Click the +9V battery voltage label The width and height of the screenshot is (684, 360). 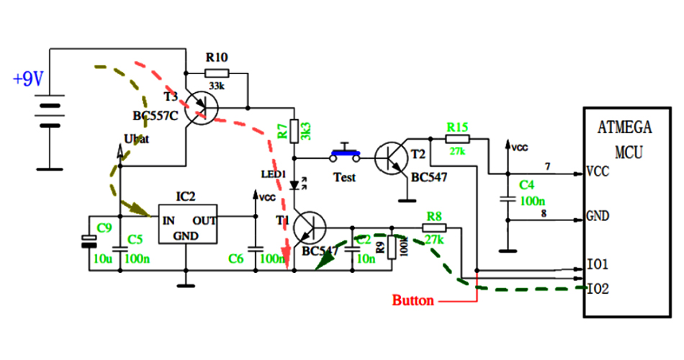pos(29,79)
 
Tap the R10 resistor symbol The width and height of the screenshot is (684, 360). pos(216,73)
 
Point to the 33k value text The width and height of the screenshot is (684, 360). pos(217,86)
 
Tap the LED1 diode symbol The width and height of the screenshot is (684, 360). pos(294,184)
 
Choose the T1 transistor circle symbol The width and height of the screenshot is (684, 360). pos(310,228)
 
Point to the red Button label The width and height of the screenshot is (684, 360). pos(413,300)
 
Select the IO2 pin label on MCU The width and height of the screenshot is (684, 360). pos(599,289)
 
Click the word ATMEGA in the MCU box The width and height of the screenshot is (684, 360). pos(624,128)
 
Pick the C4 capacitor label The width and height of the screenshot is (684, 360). pos(527,185)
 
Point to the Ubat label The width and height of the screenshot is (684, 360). pos(136,138)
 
